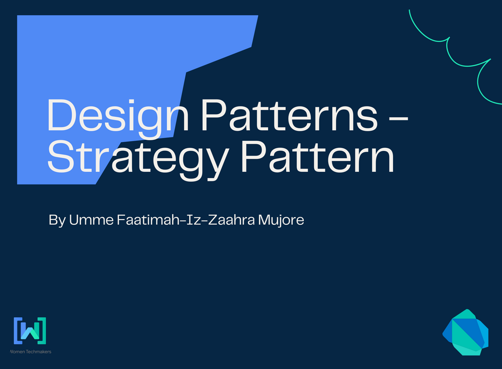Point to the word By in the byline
click(57, 220)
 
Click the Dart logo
click(465, 332)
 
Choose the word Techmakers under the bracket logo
click(37, 351)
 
